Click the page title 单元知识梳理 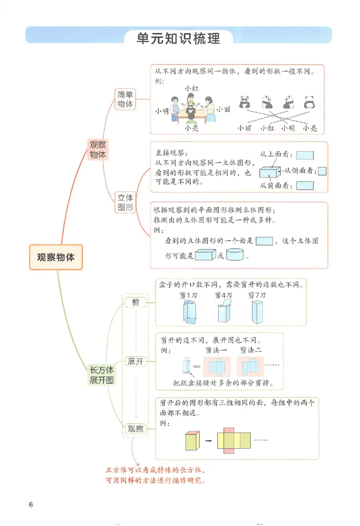(x=179, y=39)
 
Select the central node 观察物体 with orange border (x=56, y=257)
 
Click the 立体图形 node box (x=125, y=202)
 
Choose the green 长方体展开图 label (x=102, y=375)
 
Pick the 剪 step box (x=135, y=303)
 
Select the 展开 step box (x=135, y=361)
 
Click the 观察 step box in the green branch (x=135, y=429)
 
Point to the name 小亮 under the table (x=192, y=128)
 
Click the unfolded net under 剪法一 (x=217, y=366)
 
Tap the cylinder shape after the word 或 (x=234, y=255)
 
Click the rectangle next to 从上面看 (x=305, y=156)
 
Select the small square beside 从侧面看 (x=322, y=171)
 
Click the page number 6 (x=31, y=504)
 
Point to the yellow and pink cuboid (x=192, y=440)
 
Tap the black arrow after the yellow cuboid (x=208, y=441)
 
